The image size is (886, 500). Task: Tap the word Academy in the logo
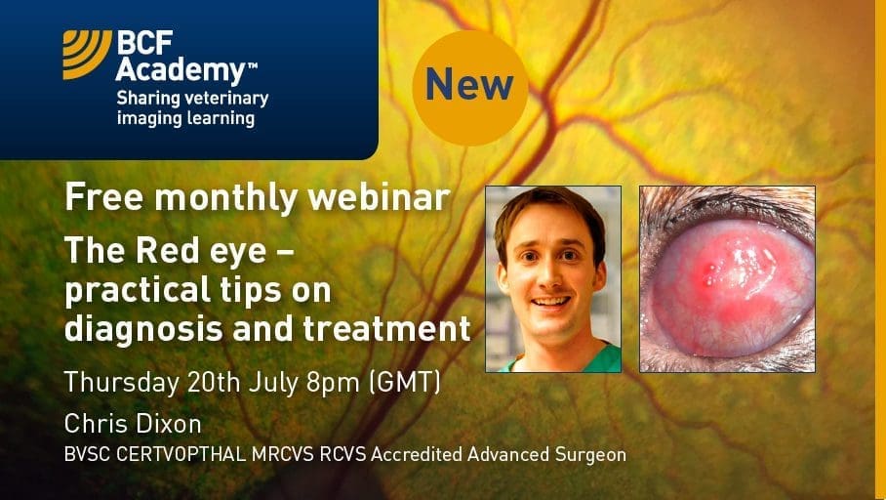pos(181,71)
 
